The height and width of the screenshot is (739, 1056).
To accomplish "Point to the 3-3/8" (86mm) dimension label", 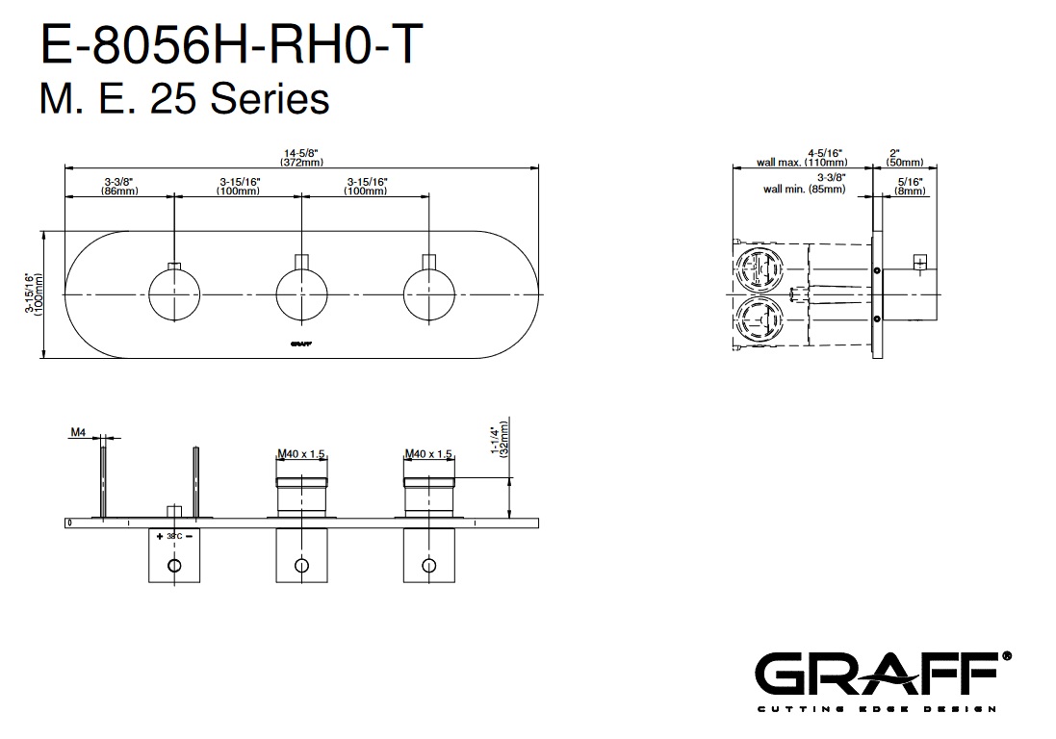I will point(118,186).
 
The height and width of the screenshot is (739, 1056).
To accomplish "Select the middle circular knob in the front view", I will point(301,294).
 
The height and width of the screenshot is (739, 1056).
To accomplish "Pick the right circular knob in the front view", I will point(428,294).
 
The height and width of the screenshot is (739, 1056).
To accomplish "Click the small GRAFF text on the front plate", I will point(301,342).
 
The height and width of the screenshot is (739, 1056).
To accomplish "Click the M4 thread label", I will point(78,433).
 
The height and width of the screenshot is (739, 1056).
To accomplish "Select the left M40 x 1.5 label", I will point(301,454).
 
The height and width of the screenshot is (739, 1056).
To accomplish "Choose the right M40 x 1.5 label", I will point(428,454).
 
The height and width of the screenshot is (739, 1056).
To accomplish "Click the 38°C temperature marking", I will point(173,535).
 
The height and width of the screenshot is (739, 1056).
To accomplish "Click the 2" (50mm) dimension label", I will point(906,158).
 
